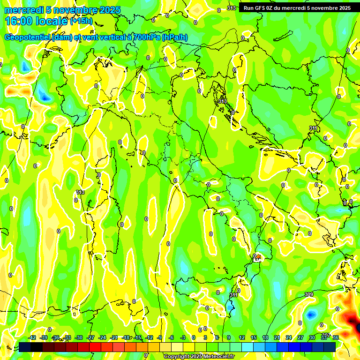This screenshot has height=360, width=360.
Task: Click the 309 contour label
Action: point(308,294)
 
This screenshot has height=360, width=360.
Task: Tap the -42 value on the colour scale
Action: point(32,337)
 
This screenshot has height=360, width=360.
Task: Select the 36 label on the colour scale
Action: point(336,337)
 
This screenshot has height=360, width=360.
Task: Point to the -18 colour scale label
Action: point(126,337)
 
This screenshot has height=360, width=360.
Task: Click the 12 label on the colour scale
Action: point(242,337)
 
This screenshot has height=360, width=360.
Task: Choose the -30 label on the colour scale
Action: point(79,337)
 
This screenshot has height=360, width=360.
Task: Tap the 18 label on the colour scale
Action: point(265,337)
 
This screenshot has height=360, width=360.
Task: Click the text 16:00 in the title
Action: point(19,21)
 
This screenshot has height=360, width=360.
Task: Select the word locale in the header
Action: point(52,21)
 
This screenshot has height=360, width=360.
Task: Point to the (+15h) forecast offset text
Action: point(81,21)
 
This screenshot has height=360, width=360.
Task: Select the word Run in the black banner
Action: point(248,8)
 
